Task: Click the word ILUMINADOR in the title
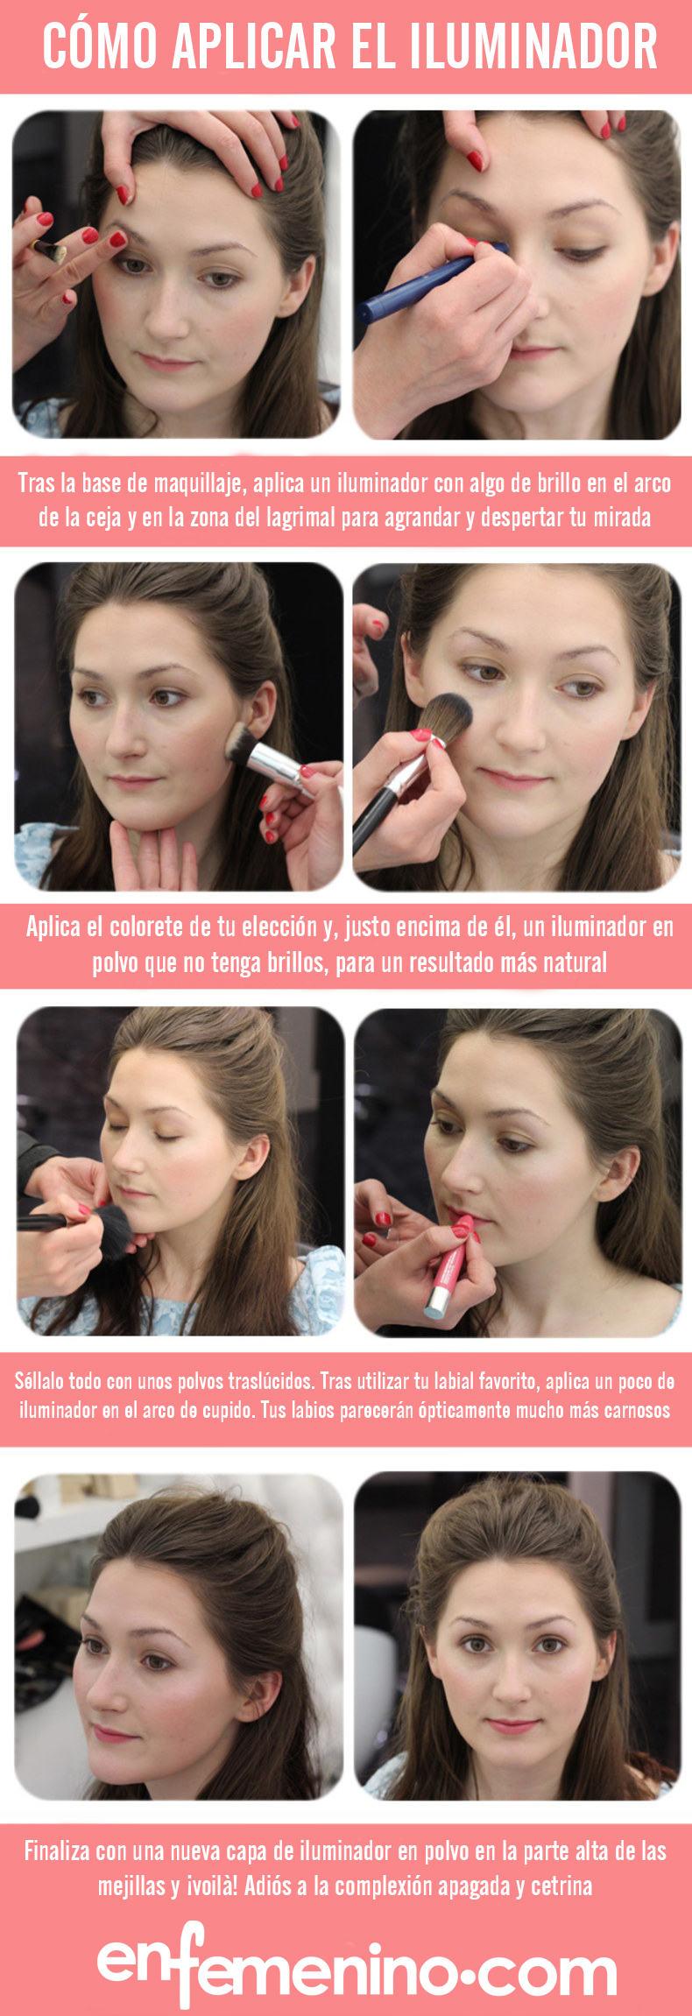[533, 46]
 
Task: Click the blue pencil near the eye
[429, 278]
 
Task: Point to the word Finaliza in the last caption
[57, 1850]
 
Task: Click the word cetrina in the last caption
[561, 1886]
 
